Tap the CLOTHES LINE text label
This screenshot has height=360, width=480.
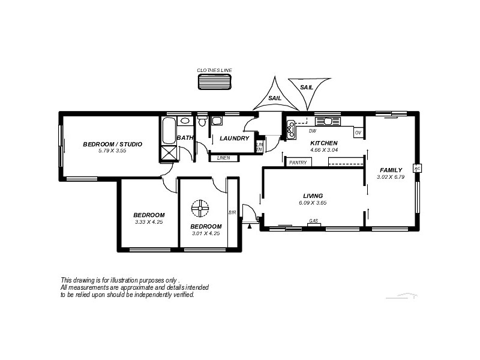click(214, 70)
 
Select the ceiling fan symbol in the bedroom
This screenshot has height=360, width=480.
click(200, 209)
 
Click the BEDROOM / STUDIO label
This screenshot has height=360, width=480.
click(112, 144)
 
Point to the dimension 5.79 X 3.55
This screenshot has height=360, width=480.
click(112, 151)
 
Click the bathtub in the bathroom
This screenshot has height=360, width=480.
click(169, 130)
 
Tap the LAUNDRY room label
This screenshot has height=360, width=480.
click(234, 139)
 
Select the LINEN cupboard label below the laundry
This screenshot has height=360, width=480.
click(223, 158)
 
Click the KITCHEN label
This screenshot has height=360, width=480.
click(323, 143)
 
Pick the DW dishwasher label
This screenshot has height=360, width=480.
click(312, 131)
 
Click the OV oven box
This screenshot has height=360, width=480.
click(358, 133)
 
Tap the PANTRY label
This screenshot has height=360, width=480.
click(298, 163)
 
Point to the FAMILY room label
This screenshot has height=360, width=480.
click(391, 170)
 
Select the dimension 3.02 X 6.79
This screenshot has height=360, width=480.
click(391, 177)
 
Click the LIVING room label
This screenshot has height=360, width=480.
click(313, 196)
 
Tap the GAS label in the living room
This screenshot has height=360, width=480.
click(313, 221)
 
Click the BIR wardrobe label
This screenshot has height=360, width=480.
click(232, 212)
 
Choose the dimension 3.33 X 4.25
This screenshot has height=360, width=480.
click(149, 222)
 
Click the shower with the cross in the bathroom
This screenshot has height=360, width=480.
click(169, 154)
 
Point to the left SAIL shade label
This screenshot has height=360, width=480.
click(274, 98)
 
